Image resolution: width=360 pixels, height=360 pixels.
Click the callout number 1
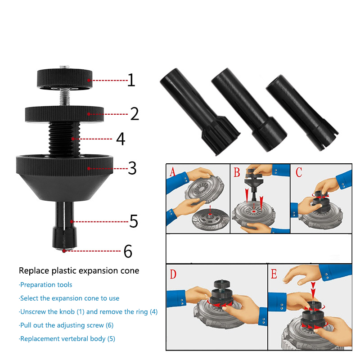[x=131, y=80]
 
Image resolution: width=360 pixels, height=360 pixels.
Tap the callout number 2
[x=135, y=114]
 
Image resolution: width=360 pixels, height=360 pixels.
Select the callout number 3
[x=132, y=168]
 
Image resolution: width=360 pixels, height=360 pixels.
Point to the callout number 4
[x=121, y=139]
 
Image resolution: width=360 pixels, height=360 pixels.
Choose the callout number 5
[x=134, y=221]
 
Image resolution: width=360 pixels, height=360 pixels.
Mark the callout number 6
[x=128, y=251]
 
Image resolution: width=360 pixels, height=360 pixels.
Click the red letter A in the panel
[x=172, y=172]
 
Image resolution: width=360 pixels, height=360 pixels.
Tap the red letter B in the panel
[x=237, y=172]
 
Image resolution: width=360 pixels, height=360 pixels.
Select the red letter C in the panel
[x=299, y=172]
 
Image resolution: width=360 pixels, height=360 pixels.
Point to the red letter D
[x=173, y=274]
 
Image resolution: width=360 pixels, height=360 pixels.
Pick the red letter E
[x=274, y=274]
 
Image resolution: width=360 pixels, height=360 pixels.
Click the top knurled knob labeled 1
[x=65, y=79]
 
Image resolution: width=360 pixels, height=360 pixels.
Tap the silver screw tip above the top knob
[x=64, y=67]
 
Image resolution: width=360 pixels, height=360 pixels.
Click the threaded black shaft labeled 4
[x=64, y=139]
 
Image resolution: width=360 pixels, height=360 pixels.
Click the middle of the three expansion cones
[x=249, y=110]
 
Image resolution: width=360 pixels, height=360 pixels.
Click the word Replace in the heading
[x=34, y=271]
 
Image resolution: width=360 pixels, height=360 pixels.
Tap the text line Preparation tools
[x=45, y=285]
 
